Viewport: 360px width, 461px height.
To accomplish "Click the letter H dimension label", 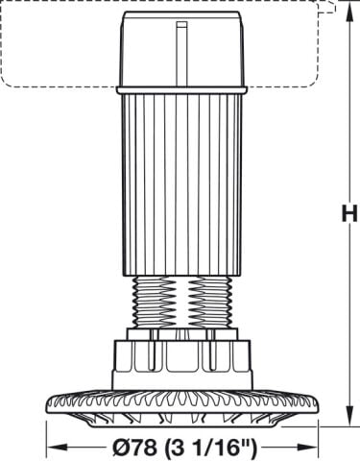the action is point(349,213).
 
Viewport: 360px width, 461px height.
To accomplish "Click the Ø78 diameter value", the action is point(134,448).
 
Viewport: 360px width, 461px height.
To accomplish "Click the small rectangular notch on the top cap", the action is point(182,25).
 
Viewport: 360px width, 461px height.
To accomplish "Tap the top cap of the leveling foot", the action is point(181,49).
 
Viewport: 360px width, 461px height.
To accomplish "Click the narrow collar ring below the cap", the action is point(181,90).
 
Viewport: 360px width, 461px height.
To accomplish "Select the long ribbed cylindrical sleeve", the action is point(181,184).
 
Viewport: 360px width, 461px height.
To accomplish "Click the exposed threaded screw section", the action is point(181,302).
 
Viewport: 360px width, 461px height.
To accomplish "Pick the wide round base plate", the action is point(182,408).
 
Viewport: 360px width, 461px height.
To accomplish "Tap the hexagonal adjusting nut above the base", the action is point(182,365).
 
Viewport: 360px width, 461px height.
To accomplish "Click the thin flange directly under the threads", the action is point(182,334).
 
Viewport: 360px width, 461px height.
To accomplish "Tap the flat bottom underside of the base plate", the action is point(182,426).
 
